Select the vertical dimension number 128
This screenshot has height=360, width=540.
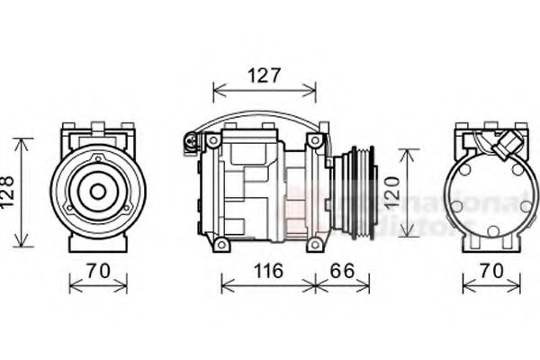point(8,192)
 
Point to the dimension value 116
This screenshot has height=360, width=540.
point(266,271)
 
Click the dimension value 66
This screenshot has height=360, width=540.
point(342,271)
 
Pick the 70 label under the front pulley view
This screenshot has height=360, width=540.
point(98,271)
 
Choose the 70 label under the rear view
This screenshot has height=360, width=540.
point(490,271)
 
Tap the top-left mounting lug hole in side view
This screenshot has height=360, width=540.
point(212,142)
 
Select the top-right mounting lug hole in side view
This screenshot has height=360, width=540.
point(315,141)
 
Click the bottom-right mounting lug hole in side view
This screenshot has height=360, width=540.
point(315,243)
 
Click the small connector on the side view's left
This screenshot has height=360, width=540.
point(190,140)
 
